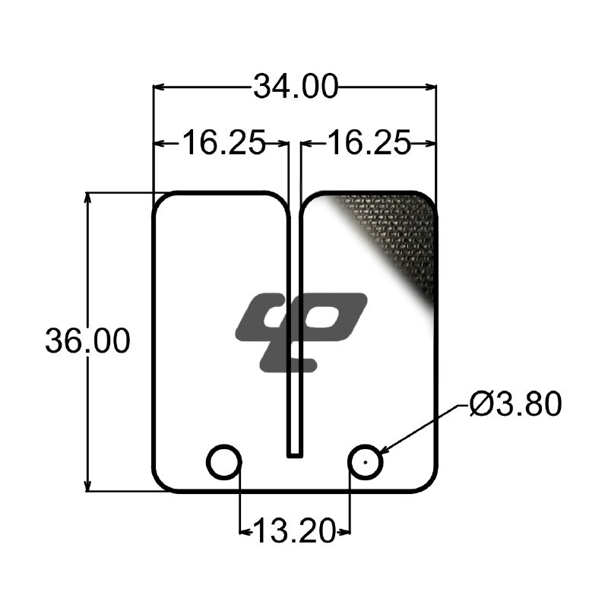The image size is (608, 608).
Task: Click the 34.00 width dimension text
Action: (296, 87)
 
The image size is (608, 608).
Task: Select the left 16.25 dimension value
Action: (223, 143)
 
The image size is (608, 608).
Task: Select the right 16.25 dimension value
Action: (369, 143)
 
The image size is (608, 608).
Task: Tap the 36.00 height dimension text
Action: (87, 340)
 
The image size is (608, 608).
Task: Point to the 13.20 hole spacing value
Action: (294, 531)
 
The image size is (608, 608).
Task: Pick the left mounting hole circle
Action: (223, 445)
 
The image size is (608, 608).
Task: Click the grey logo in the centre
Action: (301, 332)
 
